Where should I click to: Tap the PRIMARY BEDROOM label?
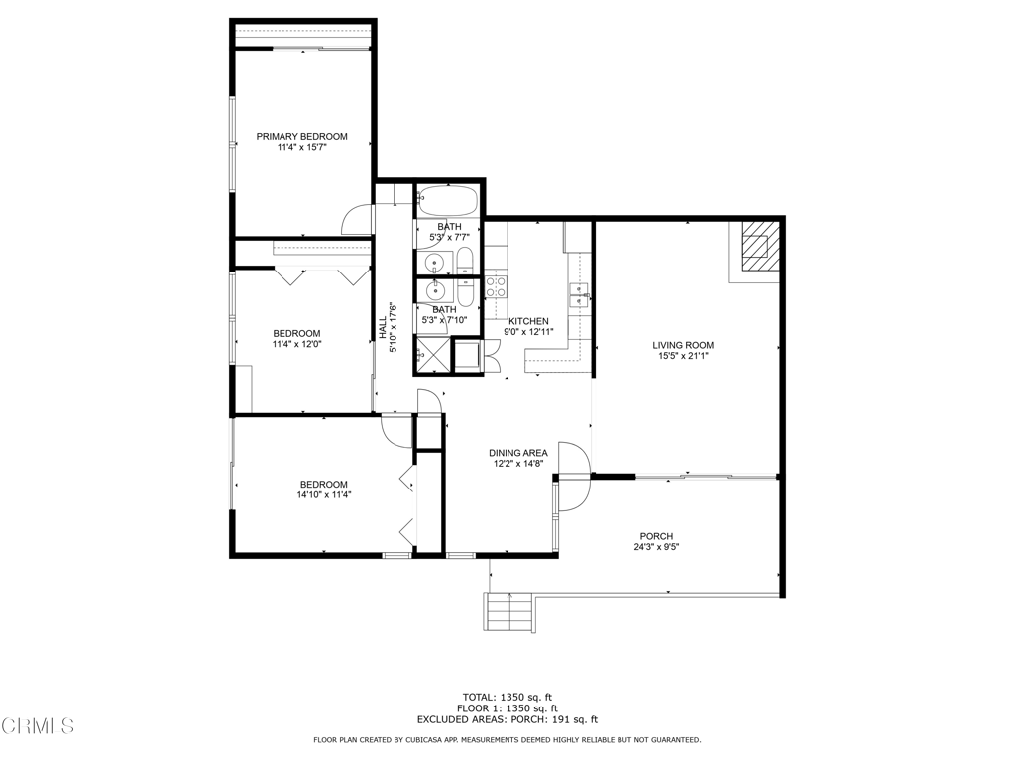(x=302, y=137)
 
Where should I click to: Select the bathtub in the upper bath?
(x=448, y=202)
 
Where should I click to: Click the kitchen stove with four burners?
(x=496, y=287)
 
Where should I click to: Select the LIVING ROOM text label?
(x=683, y=345)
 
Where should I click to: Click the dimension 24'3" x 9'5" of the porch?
(x=655, y=547)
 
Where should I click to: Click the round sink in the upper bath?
(x=433, y=263)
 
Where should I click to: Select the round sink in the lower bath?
(x=433, y=290)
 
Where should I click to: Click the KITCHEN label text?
(x=528, y=321)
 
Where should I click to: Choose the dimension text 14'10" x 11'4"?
(x=324, y=495)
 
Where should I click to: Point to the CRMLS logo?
(x=38, y=726)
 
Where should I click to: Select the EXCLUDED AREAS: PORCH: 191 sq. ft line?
(x=507, y=720)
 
